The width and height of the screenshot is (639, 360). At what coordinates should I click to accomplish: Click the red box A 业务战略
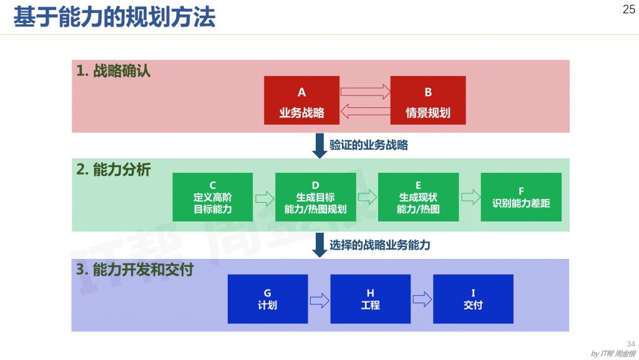click(x=301, y=100)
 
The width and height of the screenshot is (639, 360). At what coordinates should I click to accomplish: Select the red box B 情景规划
click(x=428, y=100)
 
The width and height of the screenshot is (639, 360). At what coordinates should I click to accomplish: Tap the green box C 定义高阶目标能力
click(x=213, y=197)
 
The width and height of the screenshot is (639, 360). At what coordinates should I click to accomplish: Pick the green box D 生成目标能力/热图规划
click(x=315, y=197)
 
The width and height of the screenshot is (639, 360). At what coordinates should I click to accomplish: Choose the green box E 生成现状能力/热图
click(x=418, y=197)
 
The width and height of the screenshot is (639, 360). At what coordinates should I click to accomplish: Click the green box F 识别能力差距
click(x=521, y=197)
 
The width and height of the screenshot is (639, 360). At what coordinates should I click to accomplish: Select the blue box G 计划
click(x=268, y=299)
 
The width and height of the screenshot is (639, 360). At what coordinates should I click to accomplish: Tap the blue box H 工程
click(x=370, y=299)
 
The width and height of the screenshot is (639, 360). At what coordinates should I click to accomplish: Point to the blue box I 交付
click(x=473, y=299)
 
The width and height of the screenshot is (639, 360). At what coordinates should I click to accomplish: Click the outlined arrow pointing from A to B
click(x=365, y=91)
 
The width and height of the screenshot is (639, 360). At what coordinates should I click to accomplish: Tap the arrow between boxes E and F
click(x=470, y=197)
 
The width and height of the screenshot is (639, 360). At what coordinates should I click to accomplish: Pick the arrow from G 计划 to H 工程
click(x=319, y=300)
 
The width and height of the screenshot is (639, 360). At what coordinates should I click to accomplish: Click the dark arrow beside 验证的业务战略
click(x=319, y=146)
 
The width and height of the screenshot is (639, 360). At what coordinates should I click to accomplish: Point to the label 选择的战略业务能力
click(x=379, y=245)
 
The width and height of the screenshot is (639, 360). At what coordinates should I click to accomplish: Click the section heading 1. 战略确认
click(x=114, y=71)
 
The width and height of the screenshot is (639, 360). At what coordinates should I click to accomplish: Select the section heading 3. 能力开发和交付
click(x=135, y=270)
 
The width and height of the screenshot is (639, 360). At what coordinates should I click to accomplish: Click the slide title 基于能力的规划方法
click(x=114, y=17)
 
